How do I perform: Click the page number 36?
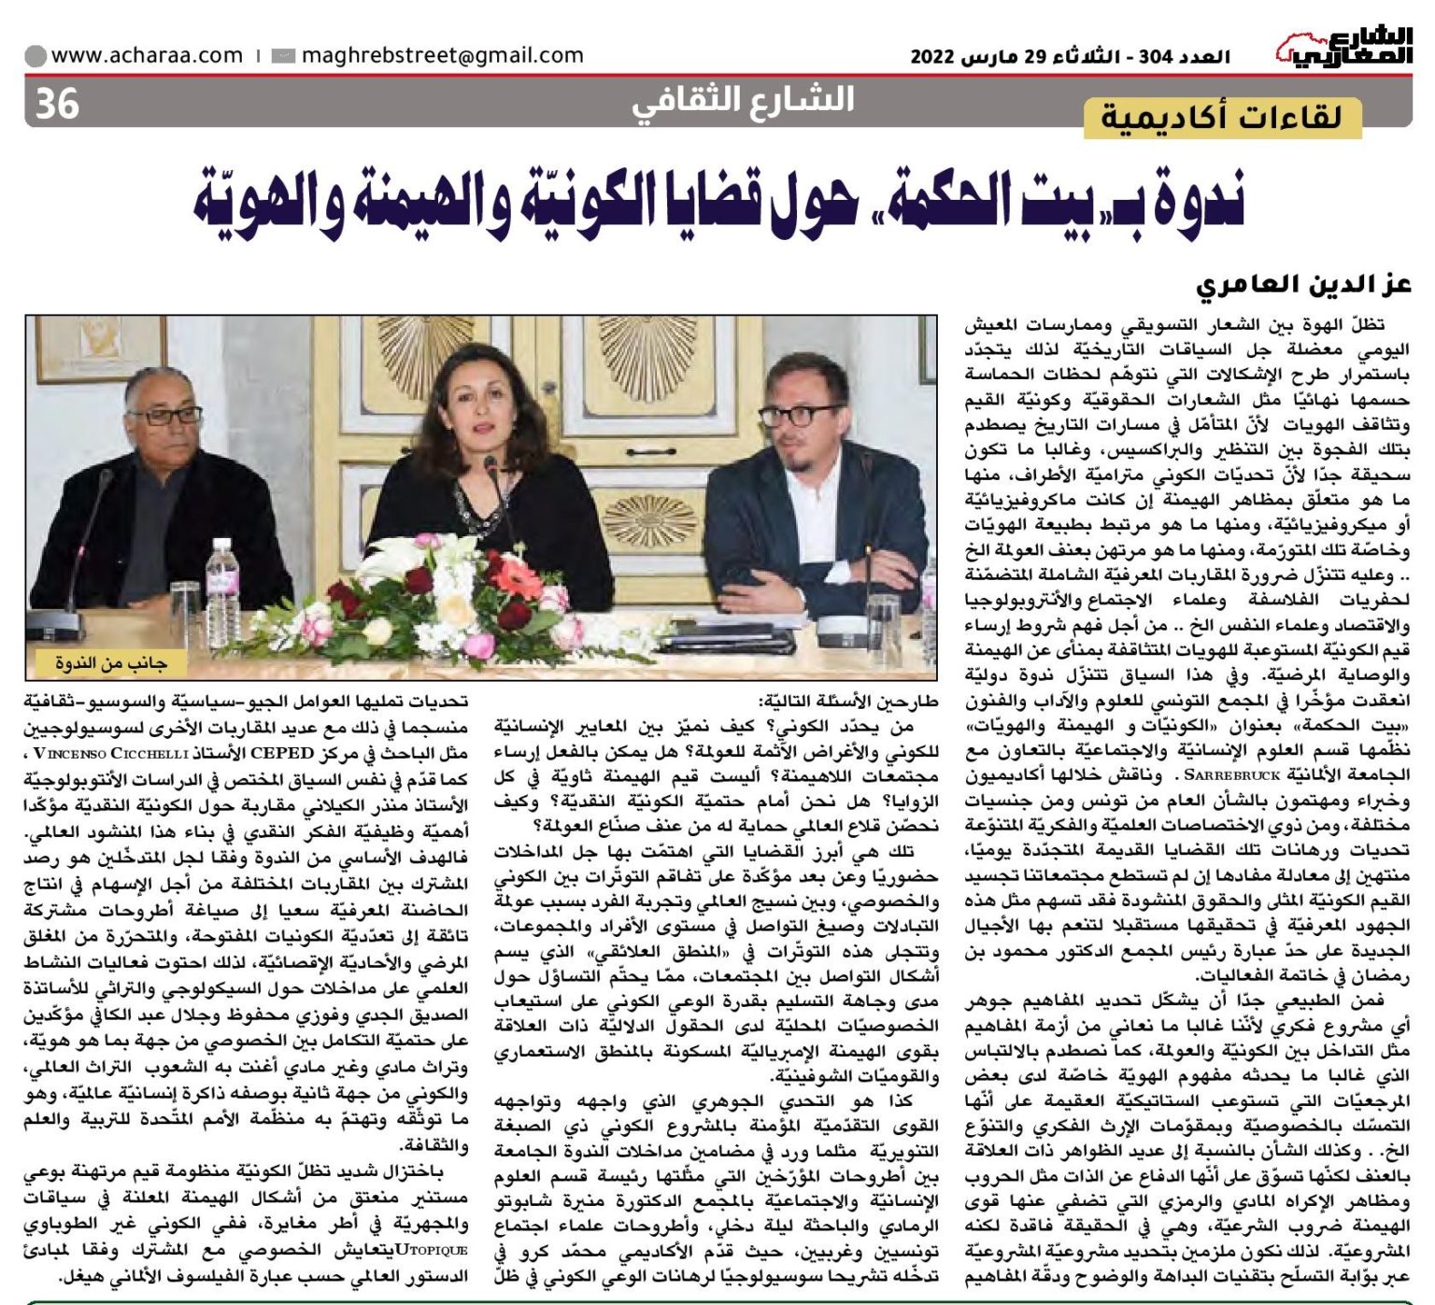point(57,103)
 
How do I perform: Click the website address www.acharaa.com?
point(147,55)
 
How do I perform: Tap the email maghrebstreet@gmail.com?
point(442,55)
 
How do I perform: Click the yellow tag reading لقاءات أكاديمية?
point(1222,118)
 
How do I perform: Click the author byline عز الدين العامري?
point(1304,285)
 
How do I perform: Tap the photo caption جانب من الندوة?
point(110,664)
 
